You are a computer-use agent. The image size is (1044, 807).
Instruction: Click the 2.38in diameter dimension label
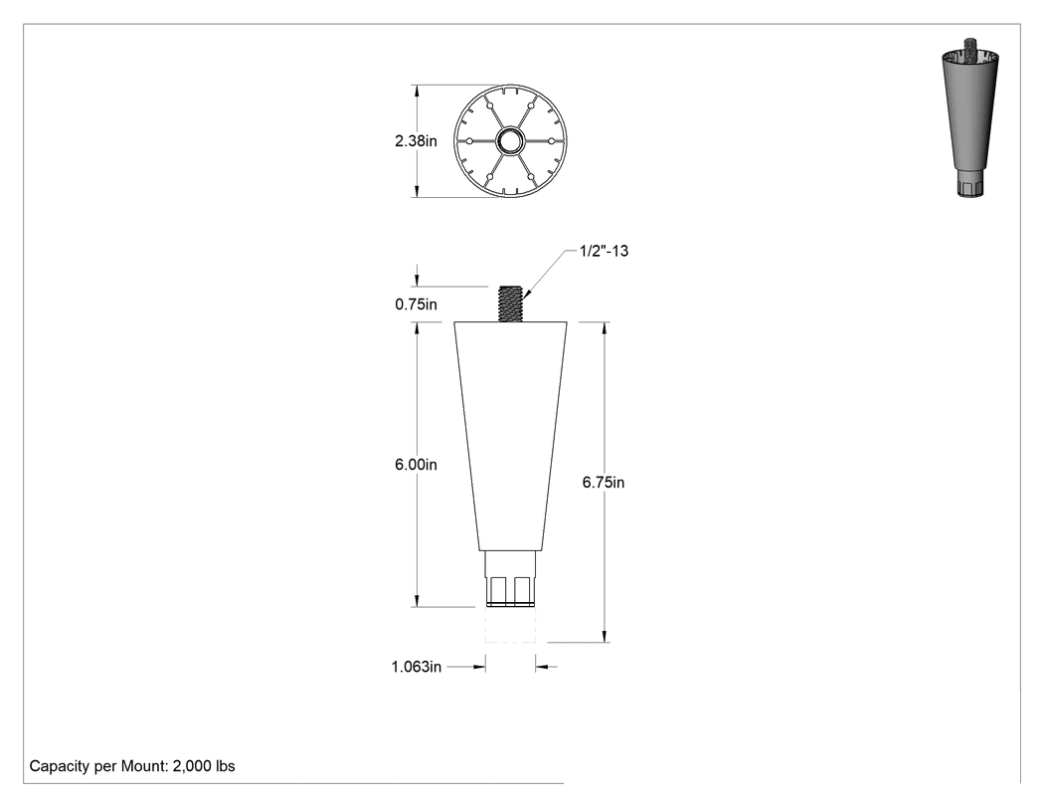tap(417, 141)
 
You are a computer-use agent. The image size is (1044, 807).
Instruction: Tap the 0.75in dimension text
tap(417, 304)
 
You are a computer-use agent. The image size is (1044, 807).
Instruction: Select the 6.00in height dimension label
tap(417, 465)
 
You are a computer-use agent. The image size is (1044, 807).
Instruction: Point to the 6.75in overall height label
tap(604, 483)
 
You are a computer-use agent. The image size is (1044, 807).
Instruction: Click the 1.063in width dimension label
tap(417, 667)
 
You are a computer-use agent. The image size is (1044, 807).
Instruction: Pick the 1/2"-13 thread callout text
tap(604, 251)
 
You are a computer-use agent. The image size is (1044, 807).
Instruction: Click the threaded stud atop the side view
tap(511, 303)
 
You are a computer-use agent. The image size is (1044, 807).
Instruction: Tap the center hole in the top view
tap(511, 141)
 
